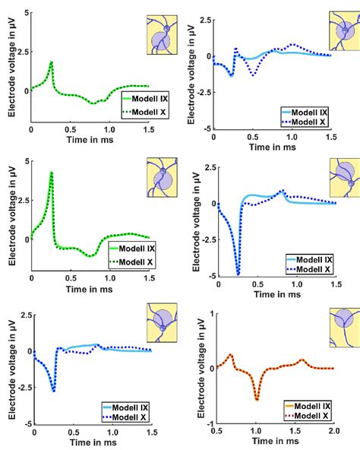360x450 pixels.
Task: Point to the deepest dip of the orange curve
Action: (257, 399)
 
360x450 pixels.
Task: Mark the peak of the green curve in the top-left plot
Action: (51, 62)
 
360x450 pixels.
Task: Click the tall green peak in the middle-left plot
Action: (51, 173)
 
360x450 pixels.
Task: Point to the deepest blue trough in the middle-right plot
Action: (238, 274)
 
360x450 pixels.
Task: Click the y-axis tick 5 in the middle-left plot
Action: (25, 161)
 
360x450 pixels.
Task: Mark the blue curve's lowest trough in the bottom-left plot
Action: (54, 391)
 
